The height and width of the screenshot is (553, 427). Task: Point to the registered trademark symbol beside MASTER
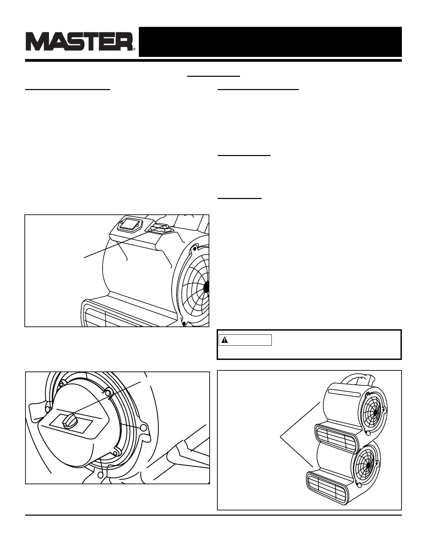coord(134,49)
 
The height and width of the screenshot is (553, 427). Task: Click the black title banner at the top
coord(270,42)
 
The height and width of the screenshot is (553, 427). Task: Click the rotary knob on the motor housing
coord(70,421)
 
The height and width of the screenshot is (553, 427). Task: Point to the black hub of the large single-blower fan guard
coord(206,287)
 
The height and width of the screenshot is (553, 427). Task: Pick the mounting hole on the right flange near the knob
coord(143,427)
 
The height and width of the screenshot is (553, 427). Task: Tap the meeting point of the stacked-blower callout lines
coord(281,436)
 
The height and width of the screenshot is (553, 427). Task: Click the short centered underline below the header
coord(213,75)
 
